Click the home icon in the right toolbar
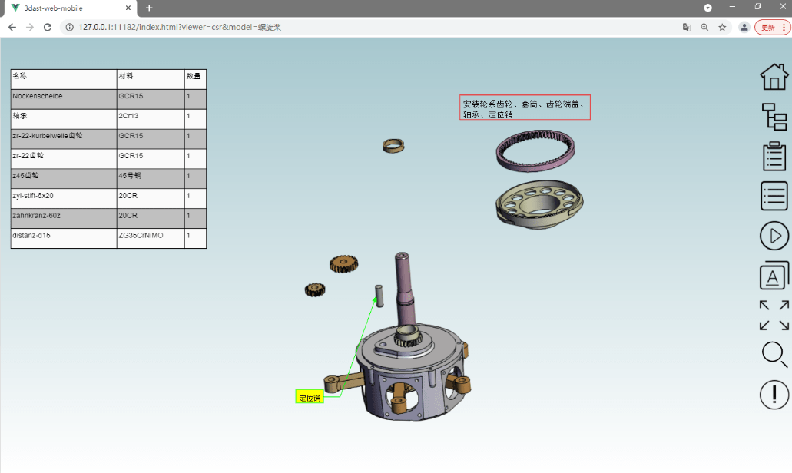coord(774,76)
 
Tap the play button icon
coord(774,236)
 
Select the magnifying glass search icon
coord(774,354)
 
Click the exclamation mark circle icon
coord(774,395)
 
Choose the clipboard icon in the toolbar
coord(774,156)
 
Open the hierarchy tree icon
coord(774,116)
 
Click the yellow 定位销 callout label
coord(310,397)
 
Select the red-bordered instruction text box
coord(525,108)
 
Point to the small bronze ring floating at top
coord(393,145)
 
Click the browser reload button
coord(48,27)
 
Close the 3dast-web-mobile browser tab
coord(128,8)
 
